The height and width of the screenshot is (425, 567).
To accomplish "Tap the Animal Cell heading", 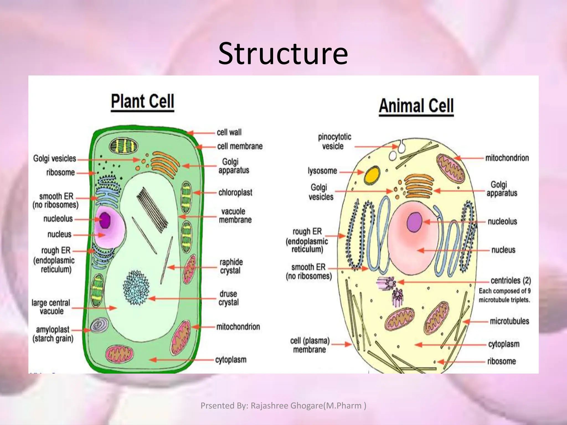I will (x=416, y=106).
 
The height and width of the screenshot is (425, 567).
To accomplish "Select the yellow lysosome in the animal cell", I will (x=372, y=175).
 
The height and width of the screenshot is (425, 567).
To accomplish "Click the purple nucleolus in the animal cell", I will (x=414, y=222).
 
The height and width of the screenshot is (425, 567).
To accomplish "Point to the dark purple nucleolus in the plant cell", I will (x=105, y=220).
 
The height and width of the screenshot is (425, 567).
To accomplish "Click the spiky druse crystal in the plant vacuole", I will (x=136, y=288).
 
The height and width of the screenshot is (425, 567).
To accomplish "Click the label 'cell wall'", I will (x=229, y=132).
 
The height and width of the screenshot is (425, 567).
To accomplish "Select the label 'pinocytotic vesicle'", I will (x=334, y=141).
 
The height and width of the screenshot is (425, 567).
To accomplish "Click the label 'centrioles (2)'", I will (x=511, y=281).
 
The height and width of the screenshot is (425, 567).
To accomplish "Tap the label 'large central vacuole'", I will (x=51, y=307).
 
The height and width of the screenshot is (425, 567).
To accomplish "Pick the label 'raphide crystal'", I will (x=231, y=266).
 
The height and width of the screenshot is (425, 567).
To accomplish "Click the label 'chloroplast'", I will (x=235, y=192).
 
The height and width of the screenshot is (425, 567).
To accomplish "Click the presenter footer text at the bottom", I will (x=283, y=406).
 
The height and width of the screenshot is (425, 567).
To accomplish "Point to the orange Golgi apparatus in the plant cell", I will (x=164, y=164).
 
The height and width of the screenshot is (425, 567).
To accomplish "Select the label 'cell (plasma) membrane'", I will (x=310, y=345).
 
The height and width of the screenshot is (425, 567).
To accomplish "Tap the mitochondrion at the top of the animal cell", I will (x=450, y=169).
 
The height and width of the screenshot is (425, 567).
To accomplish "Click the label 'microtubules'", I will (x=509, y=321).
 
